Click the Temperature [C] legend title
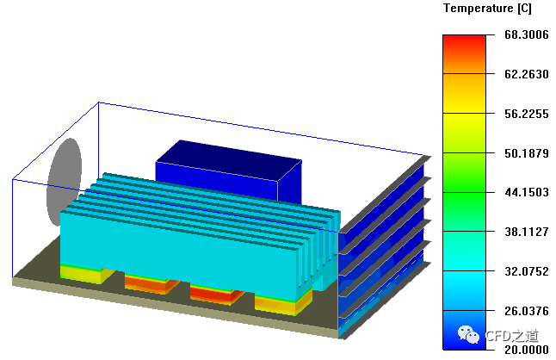487,9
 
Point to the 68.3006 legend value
526,34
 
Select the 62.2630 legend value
526,74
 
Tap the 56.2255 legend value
526,114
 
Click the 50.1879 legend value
526,153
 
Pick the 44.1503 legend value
526,192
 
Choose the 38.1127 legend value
526,232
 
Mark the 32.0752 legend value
526,271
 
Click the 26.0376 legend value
526,311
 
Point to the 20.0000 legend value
526,350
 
